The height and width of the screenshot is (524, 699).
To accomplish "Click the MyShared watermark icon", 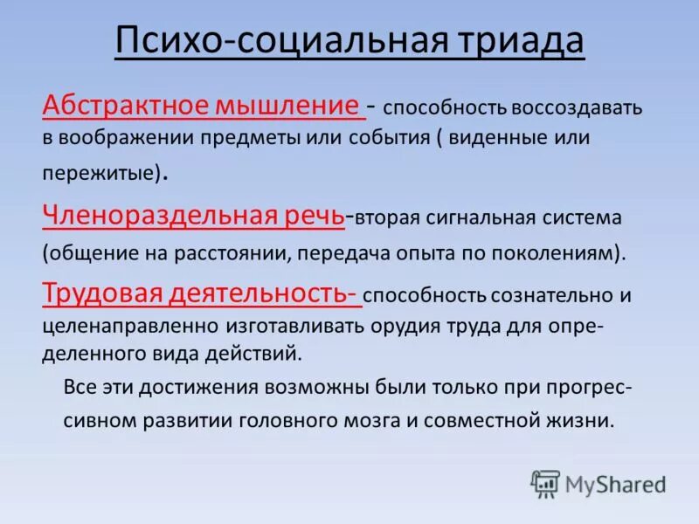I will pyautogui.click(x=545, y=483).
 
